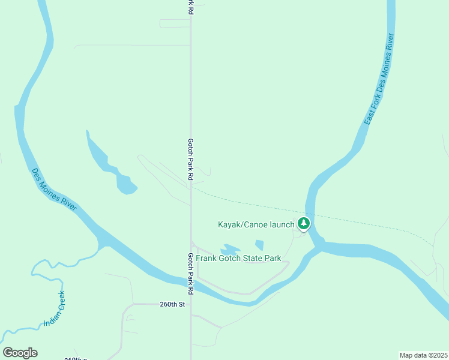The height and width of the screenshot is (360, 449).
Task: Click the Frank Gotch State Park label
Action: point(238,259)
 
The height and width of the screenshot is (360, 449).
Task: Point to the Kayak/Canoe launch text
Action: point(256,224)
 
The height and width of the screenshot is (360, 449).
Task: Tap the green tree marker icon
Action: point(304,224)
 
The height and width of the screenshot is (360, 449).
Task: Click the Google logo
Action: point(20,353)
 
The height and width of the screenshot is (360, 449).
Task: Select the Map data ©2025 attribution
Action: point(424,355)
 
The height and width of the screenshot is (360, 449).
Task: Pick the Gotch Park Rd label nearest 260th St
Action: point(190,273)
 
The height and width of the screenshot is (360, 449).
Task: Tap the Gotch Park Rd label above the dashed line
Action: point(190,160)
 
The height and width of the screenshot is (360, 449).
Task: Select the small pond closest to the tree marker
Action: point(259,245)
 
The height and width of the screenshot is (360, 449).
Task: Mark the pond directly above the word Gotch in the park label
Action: point(231,249)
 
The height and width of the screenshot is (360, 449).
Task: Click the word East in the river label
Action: point(369,117)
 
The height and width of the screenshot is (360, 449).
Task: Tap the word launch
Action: point(282,224)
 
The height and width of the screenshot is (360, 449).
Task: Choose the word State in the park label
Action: point(253,259)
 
